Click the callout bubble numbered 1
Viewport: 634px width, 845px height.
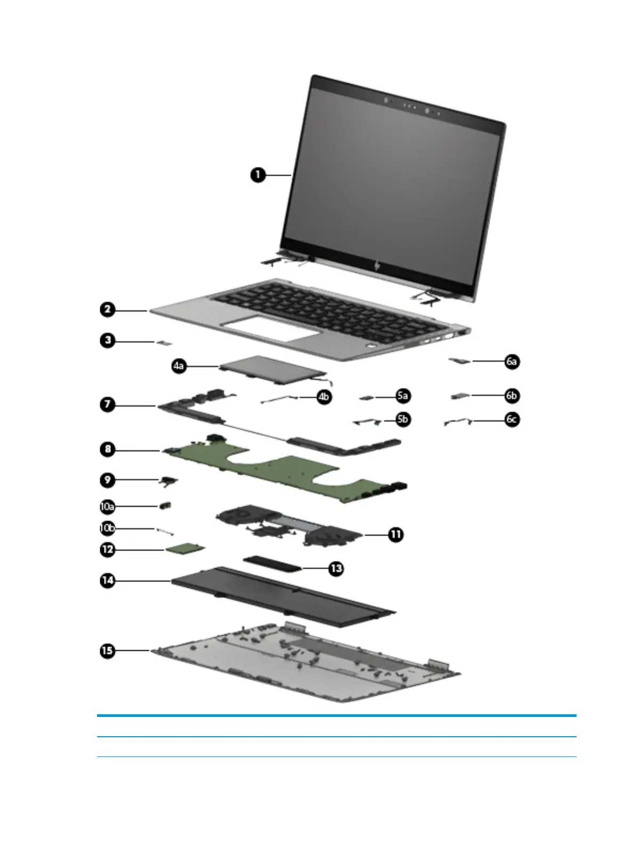coord(258,175)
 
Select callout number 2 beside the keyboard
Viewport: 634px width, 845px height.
coord(108,309)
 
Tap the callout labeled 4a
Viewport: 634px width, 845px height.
coord(179,366)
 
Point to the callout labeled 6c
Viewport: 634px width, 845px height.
coord(512,419)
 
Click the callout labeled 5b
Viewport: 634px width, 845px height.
coord(403,419)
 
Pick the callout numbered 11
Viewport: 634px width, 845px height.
coord(396,534)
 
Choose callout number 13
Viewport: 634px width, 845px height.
coord(336,569)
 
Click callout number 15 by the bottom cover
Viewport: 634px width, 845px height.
coord(108,650)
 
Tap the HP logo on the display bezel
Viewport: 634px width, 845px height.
coord(378,266)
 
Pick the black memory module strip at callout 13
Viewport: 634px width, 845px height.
coord(272,562)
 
